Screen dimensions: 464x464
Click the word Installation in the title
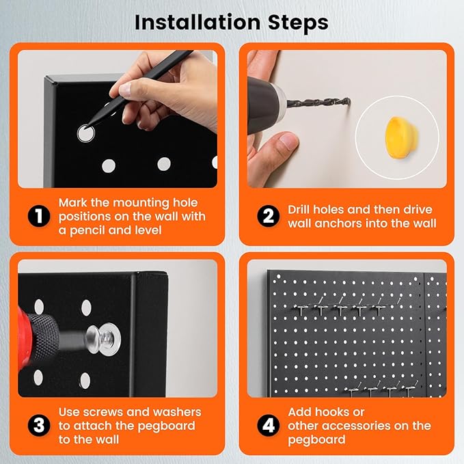pyautogui.click(x=197, y=23)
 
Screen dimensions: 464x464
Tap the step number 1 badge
pyautogui.click(x=39, y=216)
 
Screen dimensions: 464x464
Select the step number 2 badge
pyautogui.click(x=268, y=216)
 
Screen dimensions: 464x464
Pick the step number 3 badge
pyautogui.click(x=39, y=425)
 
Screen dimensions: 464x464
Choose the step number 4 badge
pyautogui.click(x=268, y=425)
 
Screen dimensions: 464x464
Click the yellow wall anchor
pyautogui.click(x=402, y=138)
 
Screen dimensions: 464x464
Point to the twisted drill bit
pyautogui.click(x=318, y=103)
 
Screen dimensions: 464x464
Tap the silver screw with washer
pyautogui.click(x=103, y=338)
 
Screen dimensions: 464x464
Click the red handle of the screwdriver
pyautogui.click(x=23, y=338)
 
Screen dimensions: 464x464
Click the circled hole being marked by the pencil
pyautogui.click(x=86, y=133)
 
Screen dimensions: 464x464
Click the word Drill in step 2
pyautogui.click(x=299, y=210)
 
